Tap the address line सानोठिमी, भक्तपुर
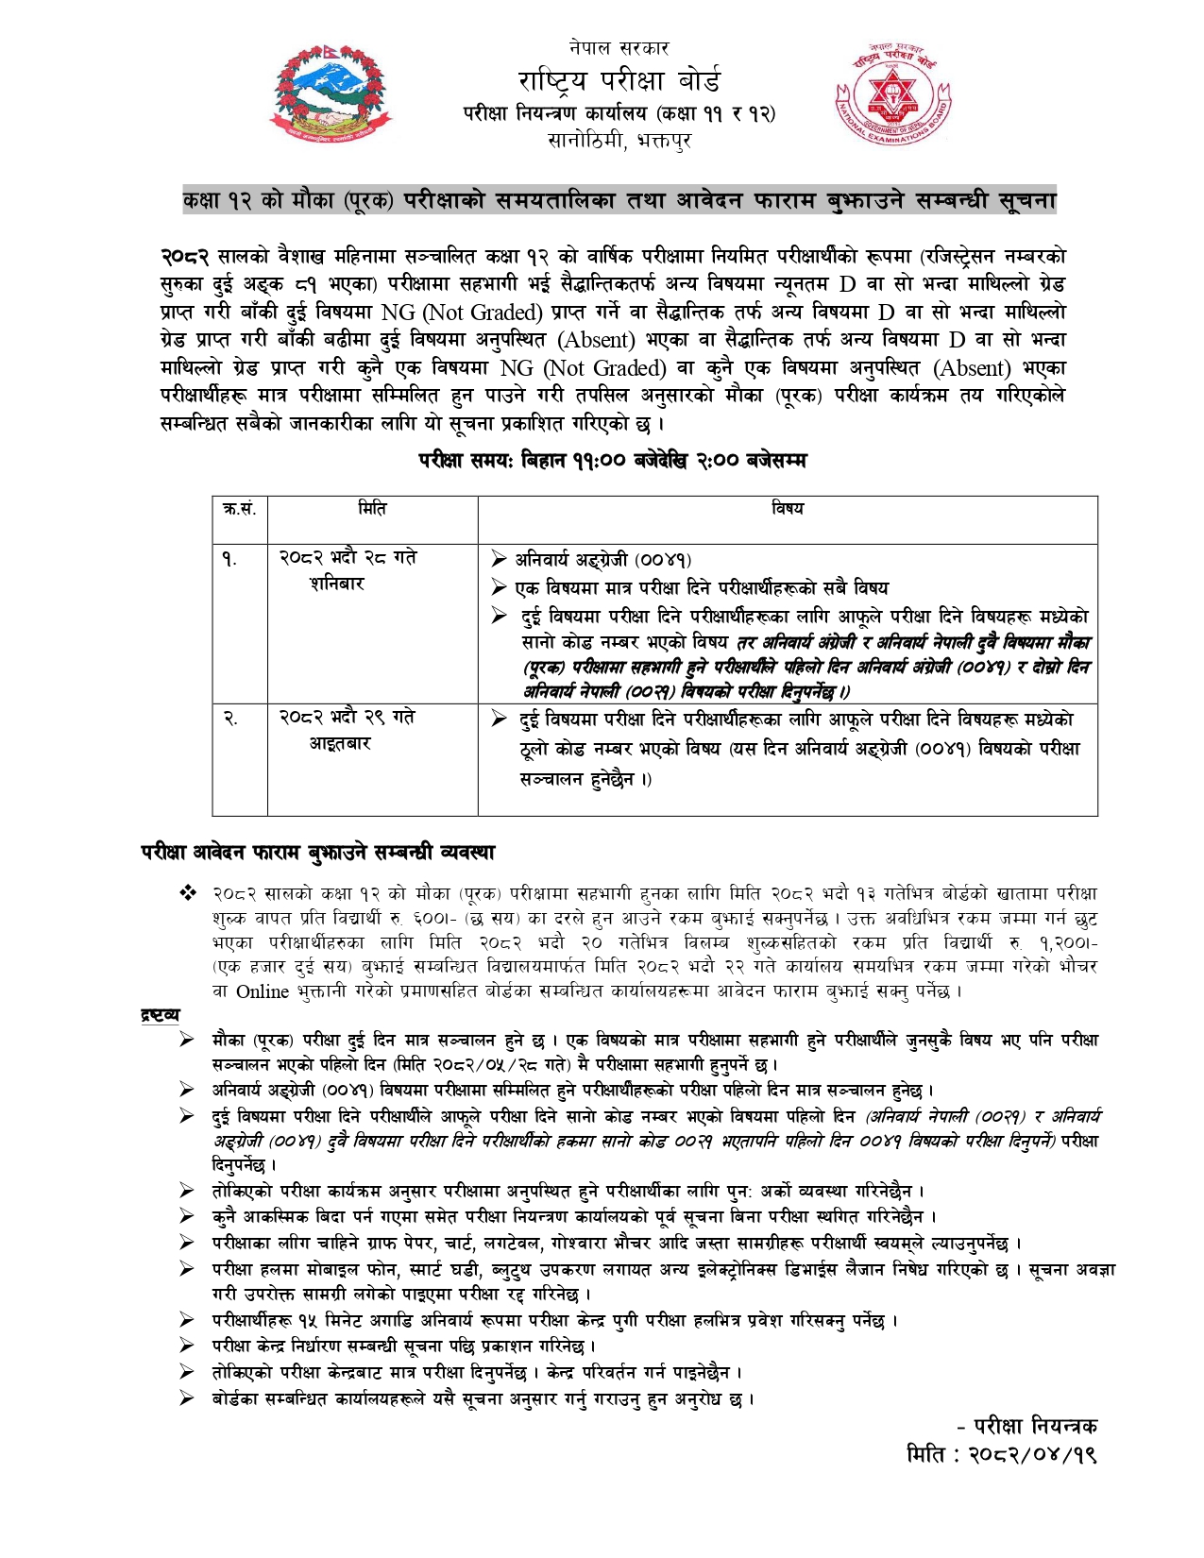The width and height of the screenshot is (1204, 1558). coord(619,142)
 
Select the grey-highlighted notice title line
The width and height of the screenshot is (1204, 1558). coord(619,200)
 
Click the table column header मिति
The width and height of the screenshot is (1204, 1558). coord(372,509)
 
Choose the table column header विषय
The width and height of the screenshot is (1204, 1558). coord(787,509)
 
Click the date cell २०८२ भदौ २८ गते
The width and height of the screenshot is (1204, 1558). coord(348,558)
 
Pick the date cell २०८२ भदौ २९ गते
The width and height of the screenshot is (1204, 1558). coord(348,718)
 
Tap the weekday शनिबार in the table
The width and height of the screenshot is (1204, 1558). coord(337,584)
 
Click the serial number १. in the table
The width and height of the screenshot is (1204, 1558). coord(229,559)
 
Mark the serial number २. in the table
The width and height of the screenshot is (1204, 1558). coord(229,719)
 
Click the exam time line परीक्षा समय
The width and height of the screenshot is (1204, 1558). coord(613,460)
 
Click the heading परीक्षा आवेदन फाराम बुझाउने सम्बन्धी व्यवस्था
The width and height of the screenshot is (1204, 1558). coord(318,852)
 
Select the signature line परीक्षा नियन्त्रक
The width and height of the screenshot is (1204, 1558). coord(1026,1426)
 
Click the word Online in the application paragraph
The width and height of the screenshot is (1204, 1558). coord(263,991)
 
